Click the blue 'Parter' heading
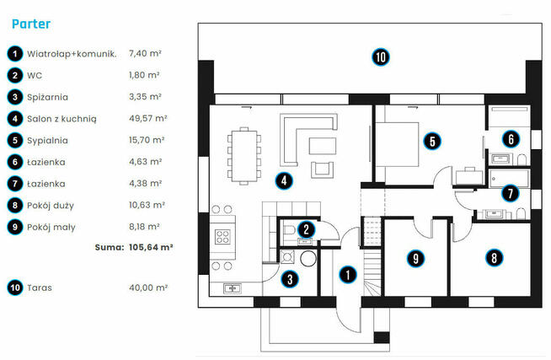coord(31,24)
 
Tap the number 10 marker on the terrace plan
coord(381,57)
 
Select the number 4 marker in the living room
coord(284,180)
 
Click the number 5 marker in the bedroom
coord(432,141)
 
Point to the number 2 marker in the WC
coord(306,229)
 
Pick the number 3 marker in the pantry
coord(290,279)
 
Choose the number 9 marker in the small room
coord(415,258)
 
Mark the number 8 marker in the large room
coord(494,257)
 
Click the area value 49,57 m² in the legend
coord(147,119)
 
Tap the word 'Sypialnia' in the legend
coord(47,141)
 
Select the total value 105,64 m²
coord(151,247)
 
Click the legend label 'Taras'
coord(40,288)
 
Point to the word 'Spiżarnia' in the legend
coord(47,98)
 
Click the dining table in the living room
coord(244,156)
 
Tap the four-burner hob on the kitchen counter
coord(222,237)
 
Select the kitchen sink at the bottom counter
coord(233,288)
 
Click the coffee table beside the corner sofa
coord(322,146)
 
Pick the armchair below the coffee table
coord(322,169)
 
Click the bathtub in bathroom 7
coord(509,179)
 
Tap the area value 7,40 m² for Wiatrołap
coord(145,53)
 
